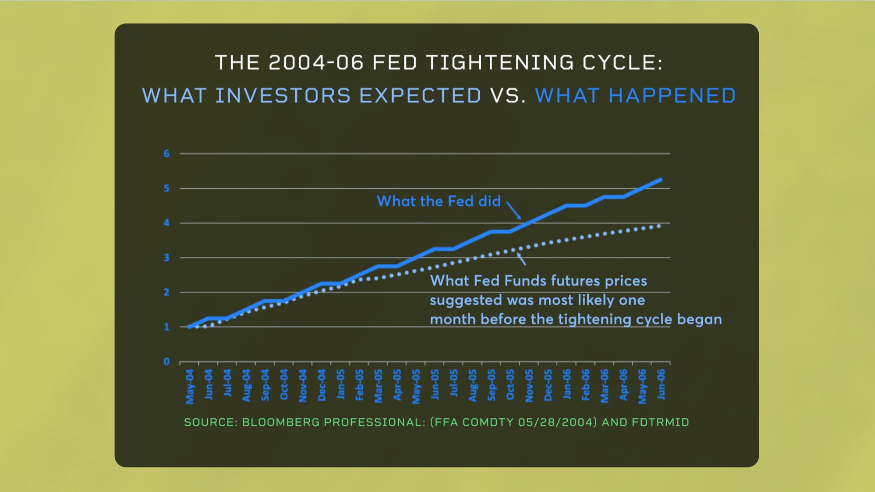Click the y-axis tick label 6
[166, 154]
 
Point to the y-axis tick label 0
[166, 362]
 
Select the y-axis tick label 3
[166, 258]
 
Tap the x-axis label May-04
[190, 386]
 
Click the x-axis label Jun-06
[661, 384]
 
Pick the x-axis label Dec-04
[322, 385]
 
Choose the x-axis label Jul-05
[453, 383]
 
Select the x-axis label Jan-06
[566, 384]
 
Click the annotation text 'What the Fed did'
[438, 201]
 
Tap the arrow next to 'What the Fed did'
[514, 211]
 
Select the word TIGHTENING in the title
[499, 63]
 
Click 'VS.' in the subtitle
[508, 96]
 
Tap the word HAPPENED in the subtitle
[672, 96]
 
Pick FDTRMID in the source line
[660, 422]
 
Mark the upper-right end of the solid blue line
[660, 180]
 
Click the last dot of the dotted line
[659, 226]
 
